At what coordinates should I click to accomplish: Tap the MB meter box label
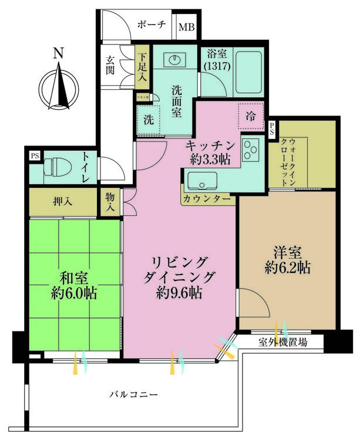coord(186,27)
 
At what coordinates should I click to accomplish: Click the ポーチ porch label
coord(152,25)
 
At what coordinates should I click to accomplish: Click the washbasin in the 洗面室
coord(174,59)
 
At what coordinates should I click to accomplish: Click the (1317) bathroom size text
coord(217,66)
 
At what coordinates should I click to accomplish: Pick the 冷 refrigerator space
coord(251,116)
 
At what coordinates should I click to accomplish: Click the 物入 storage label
coord(110,202)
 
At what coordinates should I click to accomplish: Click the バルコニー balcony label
coord(133,394)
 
